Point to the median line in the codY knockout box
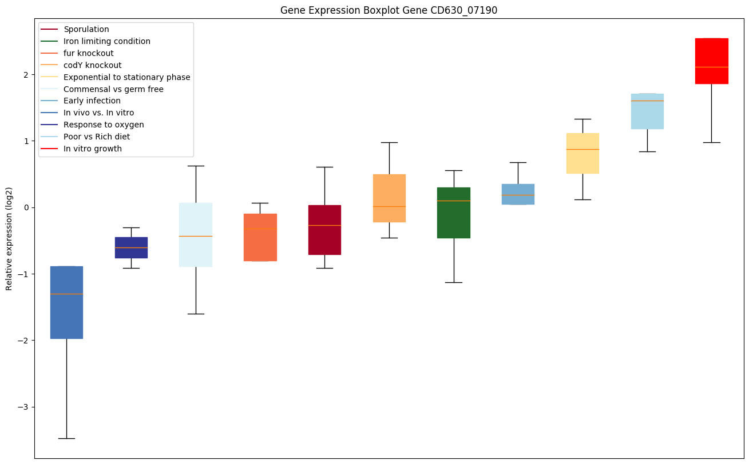[389, 206]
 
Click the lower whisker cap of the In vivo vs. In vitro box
[66, 438]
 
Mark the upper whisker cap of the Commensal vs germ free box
[196, 166]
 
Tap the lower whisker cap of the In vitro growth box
[711, 142]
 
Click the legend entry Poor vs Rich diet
[97, 137]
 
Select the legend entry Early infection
[92, 101]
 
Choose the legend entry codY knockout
[93, 65]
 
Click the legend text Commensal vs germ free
[113, 89]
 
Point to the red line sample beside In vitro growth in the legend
[50, 149]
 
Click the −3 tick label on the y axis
[25, 407]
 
